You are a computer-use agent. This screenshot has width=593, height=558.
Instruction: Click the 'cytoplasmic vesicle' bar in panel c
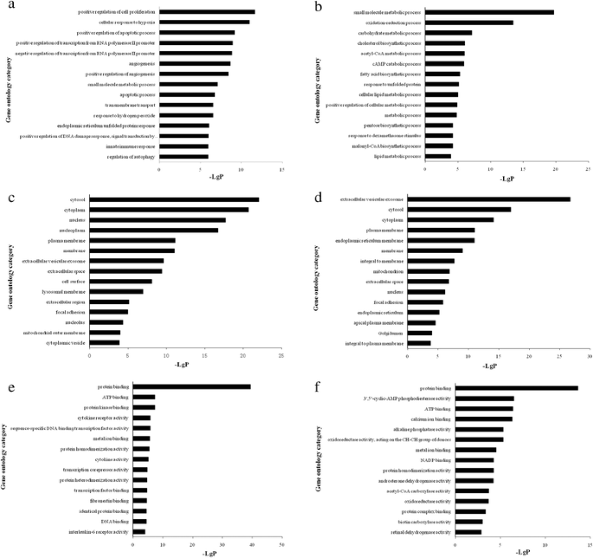[x=105, y=342]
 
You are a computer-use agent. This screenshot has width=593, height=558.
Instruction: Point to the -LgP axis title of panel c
[x=184, y=365]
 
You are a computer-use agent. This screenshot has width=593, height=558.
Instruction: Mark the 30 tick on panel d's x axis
[x=590, y=355]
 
